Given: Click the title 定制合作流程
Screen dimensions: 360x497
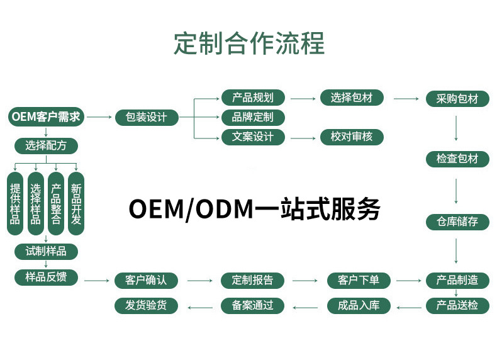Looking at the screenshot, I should pos(248,43).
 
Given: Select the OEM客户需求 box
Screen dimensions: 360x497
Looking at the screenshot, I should pos(47,117).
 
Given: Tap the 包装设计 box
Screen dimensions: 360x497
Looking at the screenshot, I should pos(147,118).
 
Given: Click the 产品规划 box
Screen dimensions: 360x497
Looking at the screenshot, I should pos(253,98).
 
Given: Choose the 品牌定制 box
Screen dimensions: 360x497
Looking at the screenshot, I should pos(253,117).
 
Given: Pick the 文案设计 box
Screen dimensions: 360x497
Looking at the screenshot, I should pos(253,137).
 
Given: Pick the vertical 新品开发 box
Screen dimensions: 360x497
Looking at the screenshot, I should pos(76,204).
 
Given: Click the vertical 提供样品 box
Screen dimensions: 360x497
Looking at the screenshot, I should pos(16,204).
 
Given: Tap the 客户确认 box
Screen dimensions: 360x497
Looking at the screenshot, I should pos(147,281).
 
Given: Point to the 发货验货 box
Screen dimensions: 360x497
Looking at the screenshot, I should pos(147,306).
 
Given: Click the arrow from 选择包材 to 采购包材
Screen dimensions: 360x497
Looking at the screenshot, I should pos(406,99).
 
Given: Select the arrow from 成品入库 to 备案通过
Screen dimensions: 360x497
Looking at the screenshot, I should pos(306,307).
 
